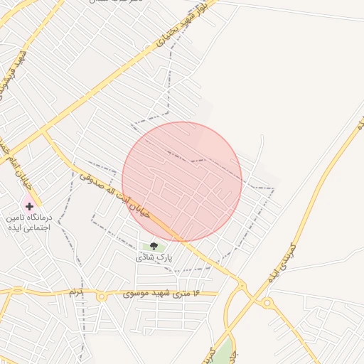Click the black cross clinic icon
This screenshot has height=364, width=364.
pyautogui.click(x=29, y=205)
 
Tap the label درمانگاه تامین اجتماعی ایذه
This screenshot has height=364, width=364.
pyautogui.click(x=29, y=223)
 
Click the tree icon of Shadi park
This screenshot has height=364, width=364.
pyautogui.click(x=154, y=246)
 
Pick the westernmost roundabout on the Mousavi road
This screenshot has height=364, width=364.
pyautogui.click(x=12, y=291)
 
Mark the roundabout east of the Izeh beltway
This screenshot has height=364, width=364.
pyautogui.click(x=267, y=304)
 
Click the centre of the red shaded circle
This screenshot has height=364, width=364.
pyautogui.click(x=182, y=182)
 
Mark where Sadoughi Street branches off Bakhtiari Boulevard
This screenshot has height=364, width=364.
pyautogui.click(x=44, y=132)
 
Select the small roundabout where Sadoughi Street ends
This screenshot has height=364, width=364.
pyautogui.click(x=242, y=286)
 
